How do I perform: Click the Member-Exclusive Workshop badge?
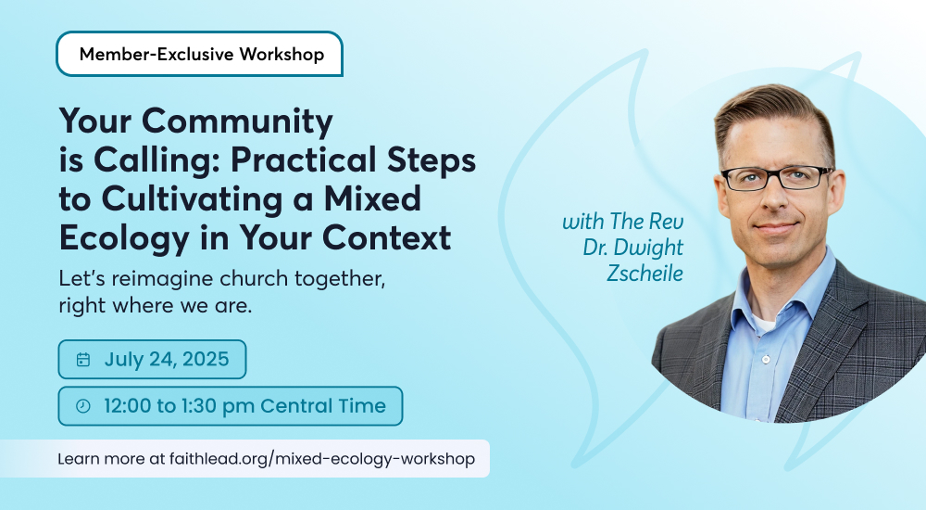200,54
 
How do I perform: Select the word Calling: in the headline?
157,161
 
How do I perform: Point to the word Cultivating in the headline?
192,198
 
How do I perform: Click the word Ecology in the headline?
124,239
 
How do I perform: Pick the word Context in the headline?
386,237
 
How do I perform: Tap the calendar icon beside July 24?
83,360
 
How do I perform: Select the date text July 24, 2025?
167,359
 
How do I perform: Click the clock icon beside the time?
83,406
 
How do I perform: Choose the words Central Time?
323,406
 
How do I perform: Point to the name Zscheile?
644,274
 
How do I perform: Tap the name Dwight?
649,248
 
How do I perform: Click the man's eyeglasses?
777,177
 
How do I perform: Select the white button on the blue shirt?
766,359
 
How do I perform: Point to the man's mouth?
776,228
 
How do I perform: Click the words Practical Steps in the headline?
353,161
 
